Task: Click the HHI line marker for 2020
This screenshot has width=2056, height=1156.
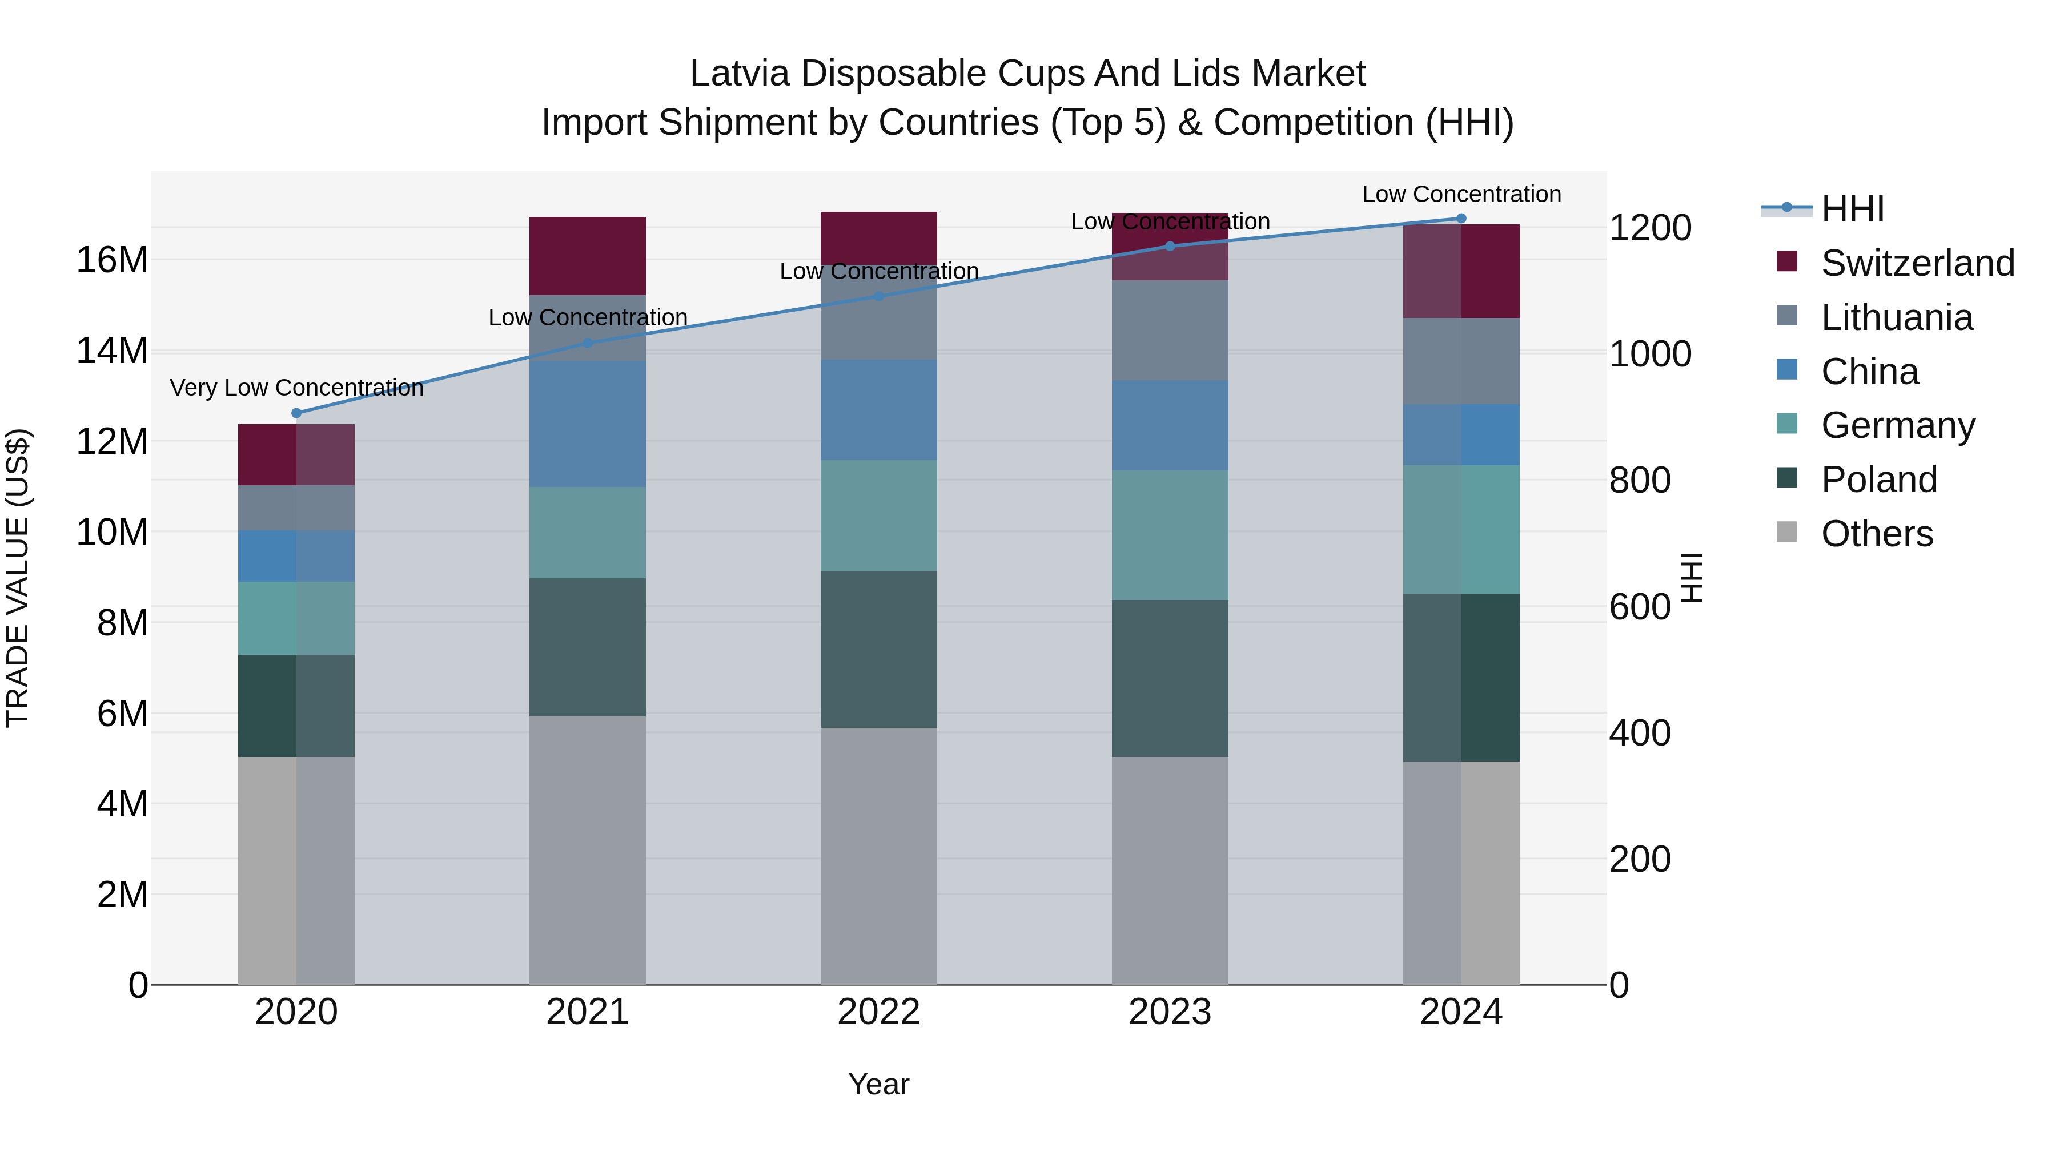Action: click(x=296, y=413)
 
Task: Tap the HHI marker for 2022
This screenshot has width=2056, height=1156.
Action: click(x=879, y=296)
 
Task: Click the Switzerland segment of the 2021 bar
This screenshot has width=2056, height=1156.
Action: click(x=588, y=255)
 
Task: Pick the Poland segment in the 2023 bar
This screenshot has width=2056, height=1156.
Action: click(x=1170, y=678)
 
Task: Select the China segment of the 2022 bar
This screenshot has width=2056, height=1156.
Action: click(x=879, y=410)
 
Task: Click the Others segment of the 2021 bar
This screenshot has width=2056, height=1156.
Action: click(x=588, y=849)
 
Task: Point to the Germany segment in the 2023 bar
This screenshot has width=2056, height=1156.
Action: click(x=1170, y=534)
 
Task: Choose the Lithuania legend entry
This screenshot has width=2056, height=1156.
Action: click(x=1896, y=317)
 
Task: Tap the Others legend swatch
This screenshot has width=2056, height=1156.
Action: click(x=1787, y=532)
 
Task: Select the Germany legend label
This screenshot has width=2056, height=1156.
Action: click(x=1898, y=425)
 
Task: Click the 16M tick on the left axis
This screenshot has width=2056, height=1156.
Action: click(x=112, y=260)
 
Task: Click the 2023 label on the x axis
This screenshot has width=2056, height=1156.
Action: click(x=1170, y=1012)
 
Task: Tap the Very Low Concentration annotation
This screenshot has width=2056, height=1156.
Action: click(x=296, y=388)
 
